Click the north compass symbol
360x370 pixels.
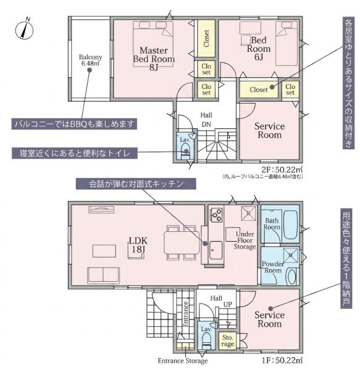coord(24,29)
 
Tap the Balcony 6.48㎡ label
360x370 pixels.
coord(90,60)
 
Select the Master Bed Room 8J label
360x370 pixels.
coord(154,59)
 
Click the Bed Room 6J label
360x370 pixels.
coord(259,48)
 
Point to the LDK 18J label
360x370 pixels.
coord(138,245)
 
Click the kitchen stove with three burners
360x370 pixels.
coord(217,215)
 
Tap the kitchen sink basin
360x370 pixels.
coord(216,250)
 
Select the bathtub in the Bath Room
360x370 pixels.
coord(290,224)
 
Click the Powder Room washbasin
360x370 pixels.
coord(292,276)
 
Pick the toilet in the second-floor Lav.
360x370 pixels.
coord(185,152)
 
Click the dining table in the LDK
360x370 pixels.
coord(182,243)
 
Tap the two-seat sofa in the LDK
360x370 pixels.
coord(103,275)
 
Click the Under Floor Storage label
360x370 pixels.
coord(245,240)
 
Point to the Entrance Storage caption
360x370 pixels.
coord(183,361)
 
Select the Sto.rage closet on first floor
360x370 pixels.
coord(227,340)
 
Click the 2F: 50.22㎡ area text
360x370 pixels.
coord(282,170)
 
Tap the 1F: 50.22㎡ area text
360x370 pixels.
coord(282,360)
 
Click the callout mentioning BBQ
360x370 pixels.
coord(74,124)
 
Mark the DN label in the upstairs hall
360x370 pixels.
coord(206,125)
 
